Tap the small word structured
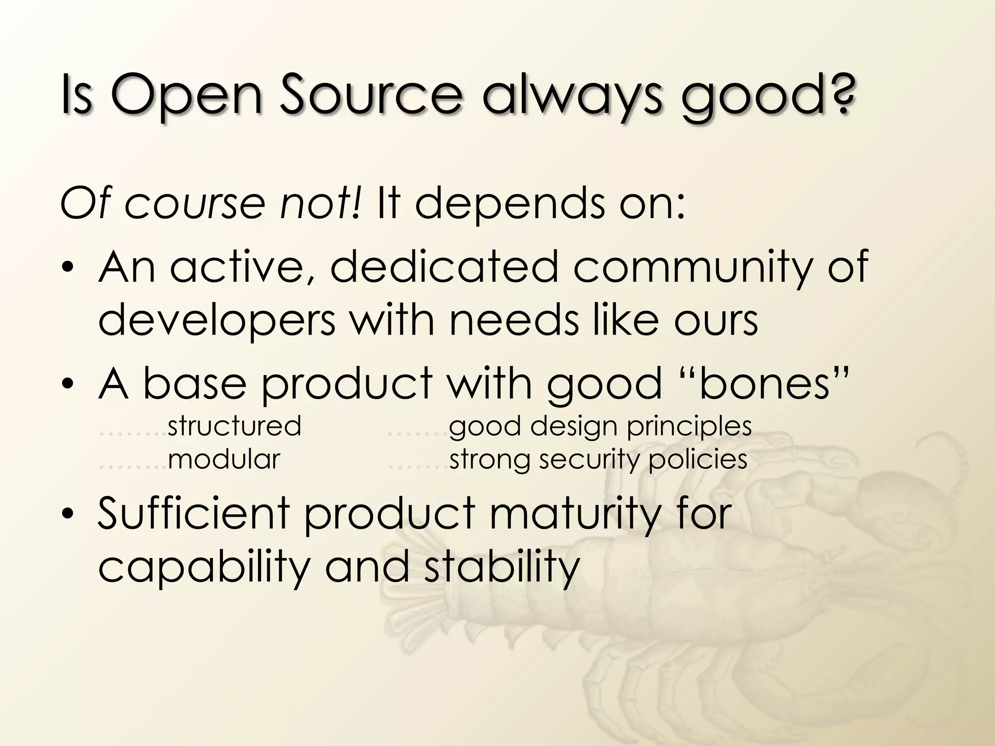(x=234, y=426)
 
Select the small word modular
(x=224, y=459)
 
